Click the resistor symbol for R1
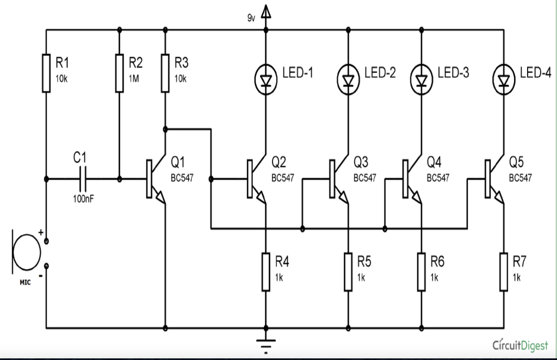pyautogui.click(x=46, y=72)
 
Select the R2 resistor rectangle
pyautogui.click(x=120, y=72)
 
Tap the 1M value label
pyautogui.click(x=134, y=78)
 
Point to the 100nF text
pyautogui.click(x=83, y=199)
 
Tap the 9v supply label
pyautogui.click(x=251, y=18)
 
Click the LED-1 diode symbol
pyautogui.click(x=266, y=78)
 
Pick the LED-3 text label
pyautogui.click(x=453, y=73)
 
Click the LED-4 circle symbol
pyautogui.click(x=503, y=78)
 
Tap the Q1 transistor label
pyautogui.click(x=178, y=162)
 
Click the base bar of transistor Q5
pyautogui.click(x=487, y=178)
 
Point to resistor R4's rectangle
pyautogui.click(x=266, y=271)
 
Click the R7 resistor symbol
pyautogui.click(x=503, y=271)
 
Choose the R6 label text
pyautogui.click(x=437, y=262)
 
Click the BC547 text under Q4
pyautogui.click(x=438, y=178)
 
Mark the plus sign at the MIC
pyautogui.click(x=40, y=233)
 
